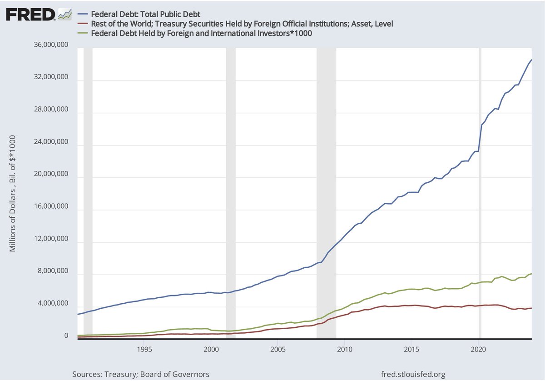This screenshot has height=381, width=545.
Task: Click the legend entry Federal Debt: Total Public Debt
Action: tap(145, 14)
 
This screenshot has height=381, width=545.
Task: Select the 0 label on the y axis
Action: tap(66, 336)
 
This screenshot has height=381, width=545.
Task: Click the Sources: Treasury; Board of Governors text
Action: tap(141, 374)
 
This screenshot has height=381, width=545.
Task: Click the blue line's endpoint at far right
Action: tap(531, 60)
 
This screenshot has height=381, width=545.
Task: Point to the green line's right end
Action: tap(531, 274)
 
